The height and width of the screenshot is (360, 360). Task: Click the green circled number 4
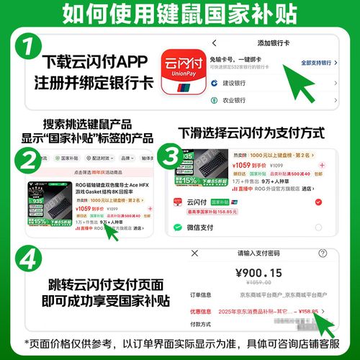point(27,261)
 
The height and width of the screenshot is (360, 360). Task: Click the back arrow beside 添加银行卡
point(215,42)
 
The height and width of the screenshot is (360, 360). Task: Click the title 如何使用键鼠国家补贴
point(180,13)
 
